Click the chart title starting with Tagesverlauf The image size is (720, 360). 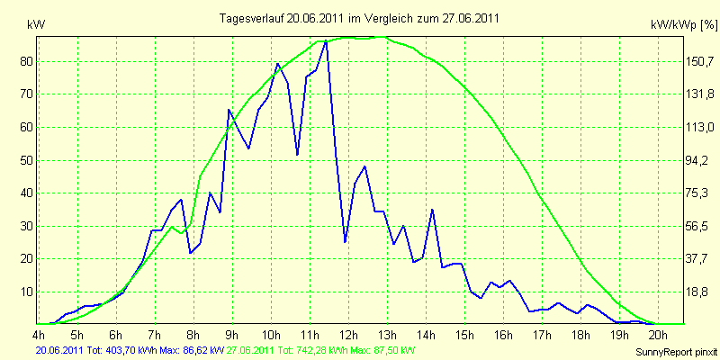(x=359, y=18)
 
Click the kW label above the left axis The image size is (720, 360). (x=36, y=26)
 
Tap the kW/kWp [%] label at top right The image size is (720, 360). (x=684, y=26)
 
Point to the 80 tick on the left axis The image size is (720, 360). (x=27, y=61)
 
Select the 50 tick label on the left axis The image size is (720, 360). (x=27, y=160)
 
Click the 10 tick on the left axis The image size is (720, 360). (x=27, y=292)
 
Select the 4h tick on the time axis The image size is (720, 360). (x=39, y=333)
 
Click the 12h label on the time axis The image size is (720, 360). (x=348, y=333)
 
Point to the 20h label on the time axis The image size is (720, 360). (x=659, y=333)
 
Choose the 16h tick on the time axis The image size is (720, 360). (x=504, y=333)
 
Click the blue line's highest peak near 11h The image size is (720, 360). (x=326, y=41)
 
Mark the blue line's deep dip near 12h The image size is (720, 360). (x=345, y=241)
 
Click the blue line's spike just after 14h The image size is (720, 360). (x=432, y=210)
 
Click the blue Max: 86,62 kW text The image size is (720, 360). (x=192, y=351)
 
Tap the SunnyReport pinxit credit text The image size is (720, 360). (x=677, y=353)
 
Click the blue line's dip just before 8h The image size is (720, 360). (x=191, y=253)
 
